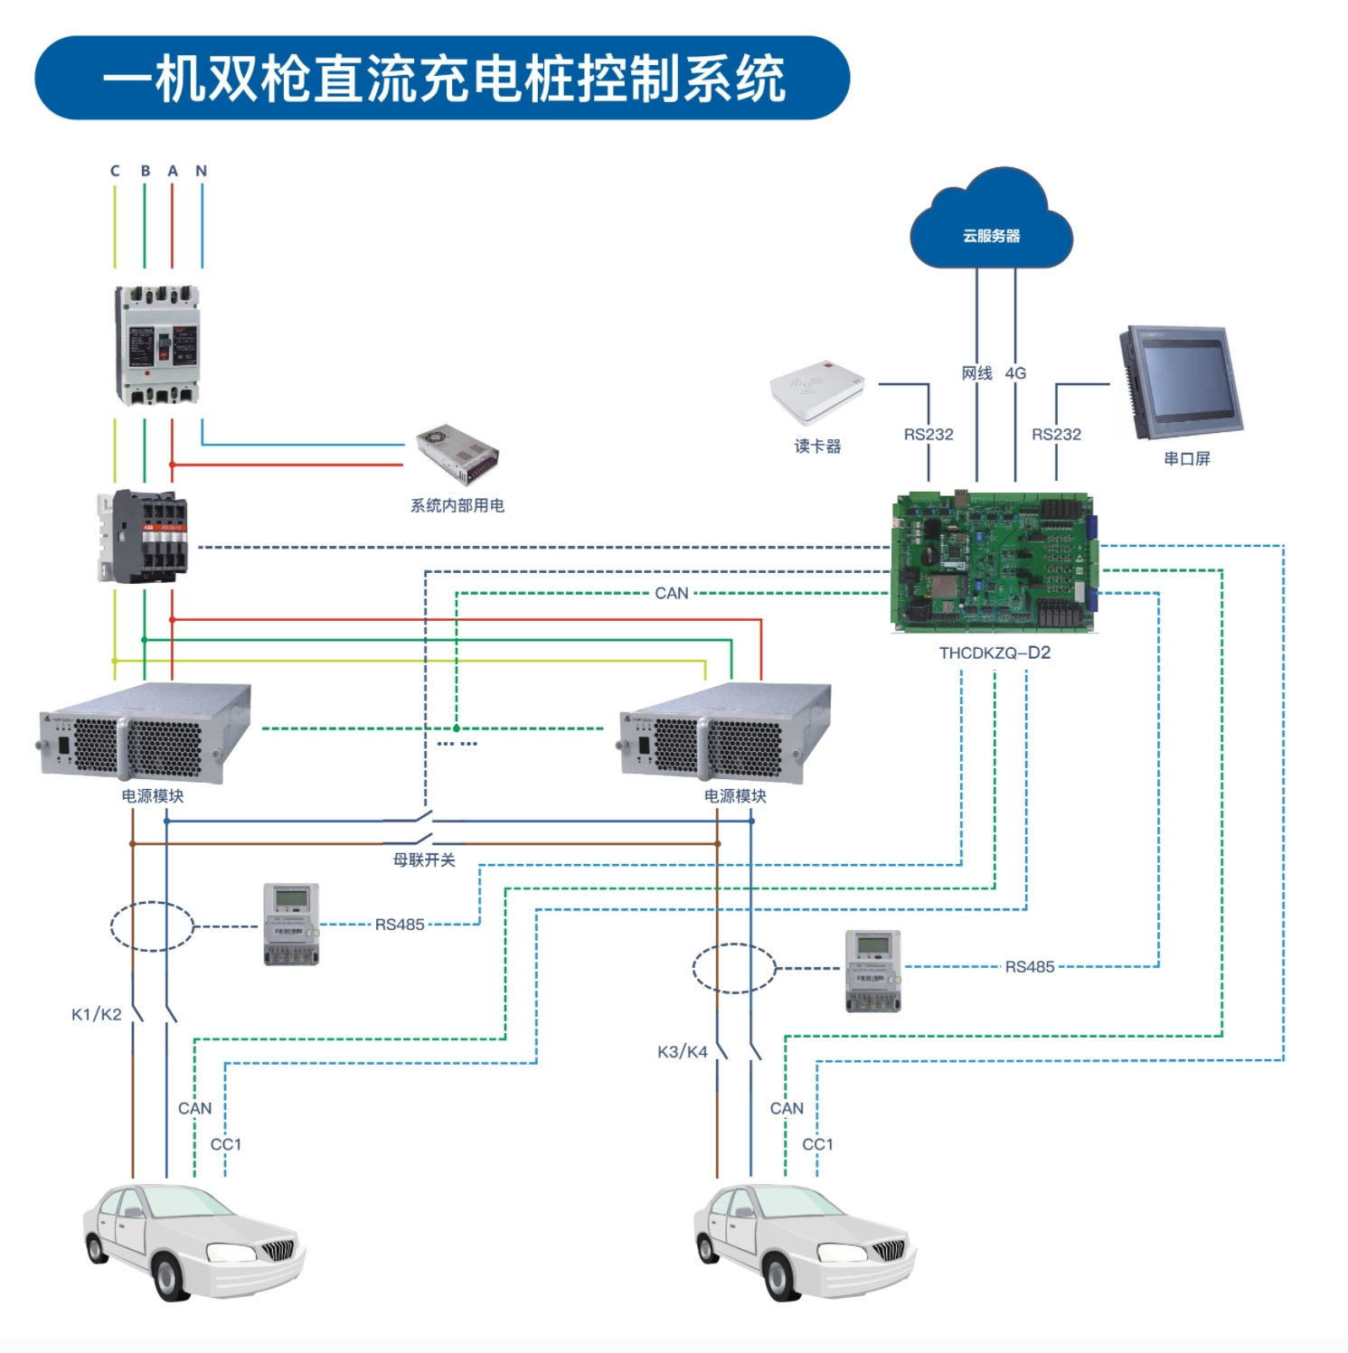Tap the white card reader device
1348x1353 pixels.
tap(817, 391)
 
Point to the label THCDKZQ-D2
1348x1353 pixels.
tap(995, 653)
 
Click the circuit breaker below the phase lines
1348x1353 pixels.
tap(157, 345)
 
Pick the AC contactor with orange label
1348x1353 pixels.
tap(144, 536)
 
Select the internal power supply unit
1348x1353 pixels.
tap(457, 454)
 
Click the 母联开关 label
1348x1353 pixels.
tap(424, 860)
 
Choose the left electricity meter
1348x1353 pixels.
tap(291, 924)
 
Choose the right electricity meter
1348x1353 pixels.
tap(872, 970)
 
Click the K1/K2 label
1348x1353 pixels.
tap(97, 1014)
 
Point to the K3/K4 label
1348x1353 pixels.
tap(683, 1051)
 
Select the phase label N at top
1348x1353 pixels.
tap(202, 171)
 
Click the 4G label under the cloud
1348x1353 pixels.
tap(1015, 373)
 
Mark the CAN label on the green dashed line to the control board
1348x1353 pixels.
tap(672, 593)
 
